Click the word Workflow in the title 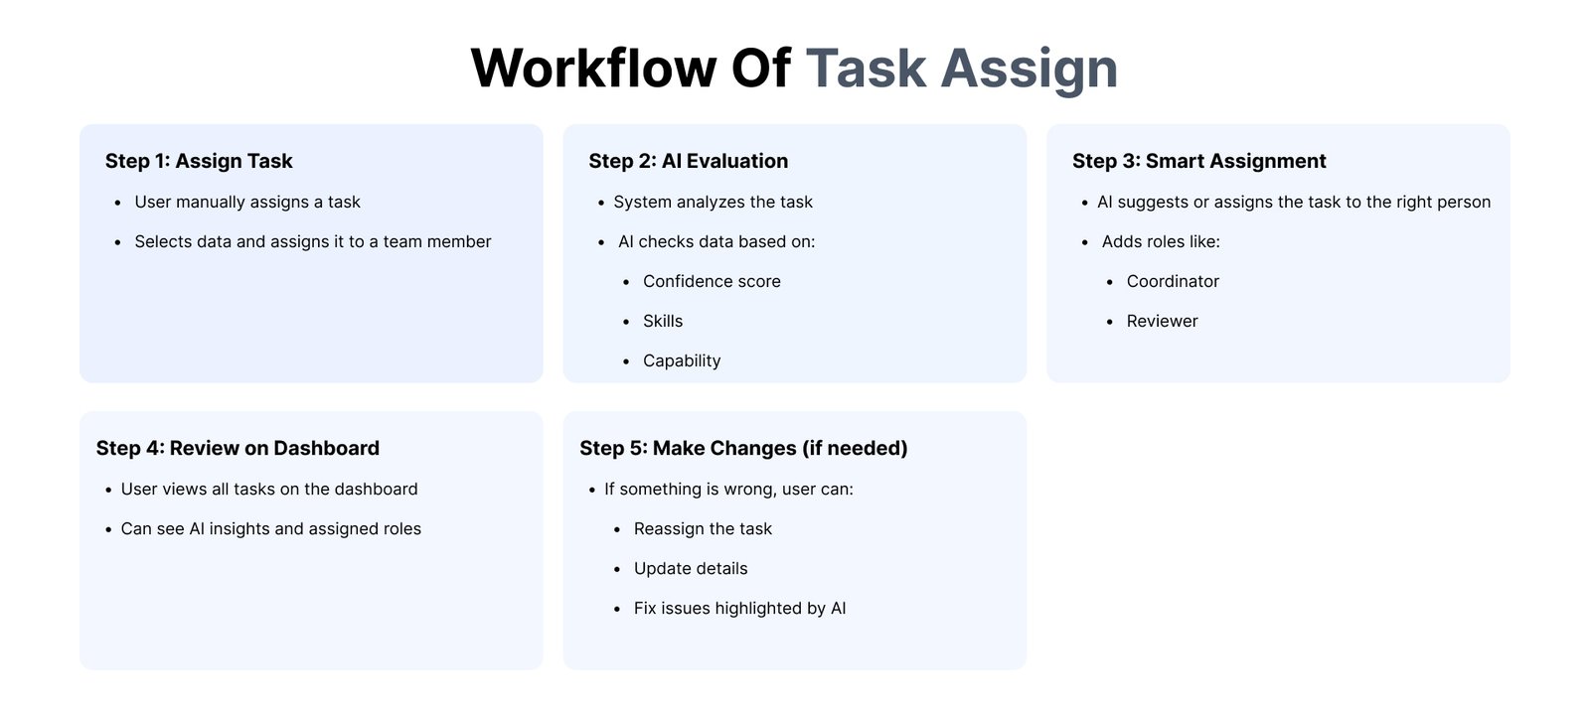[x=593, y=69]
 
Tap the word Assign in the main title [x=1030, y=71]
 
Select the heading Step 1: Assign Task [x=199, y=161]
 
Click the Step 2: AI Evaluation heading [x=688, y=161]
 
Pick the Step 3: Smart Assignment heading [x=1198, y=161]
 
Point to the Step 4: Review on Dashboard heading [x=238, y=448]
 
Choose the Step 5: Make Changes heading [x=743, y=449]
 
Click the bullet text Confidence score [x=712, y=281]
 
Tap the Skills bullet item [x=662, y=321]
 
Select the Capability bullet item [x=682, y=361]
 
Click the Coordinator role [x=1173, y=281]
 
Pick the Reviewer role [x=1162, y=321]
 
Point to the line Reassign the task [x=703, y=529]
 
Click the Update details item [x=691, y=569]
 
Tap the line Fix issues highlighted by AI [x=739, y=609]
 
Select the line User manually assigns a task [x=247, y=203]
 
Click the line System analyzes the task [x=713, y=203]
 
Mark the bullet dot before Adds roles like [x=1084, y=242]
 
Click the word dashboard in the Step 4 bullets [x=376, y=489]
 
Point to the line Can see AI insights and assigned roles [x=270, y=529]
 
